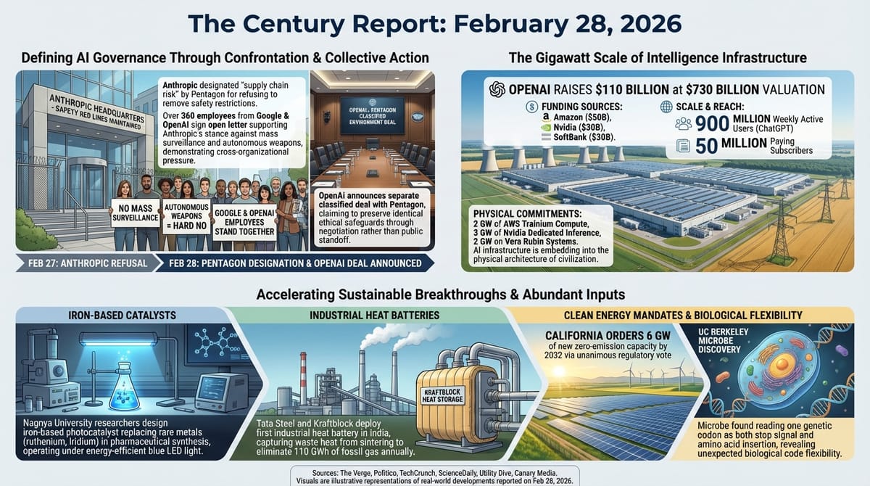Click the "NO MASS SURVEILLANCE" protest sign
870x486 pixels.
tap(135, 213)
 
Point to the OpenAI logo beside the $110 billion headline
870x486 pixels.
tap(497, 89)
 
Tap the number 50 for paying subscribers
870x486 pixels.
tap(707, 145)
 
